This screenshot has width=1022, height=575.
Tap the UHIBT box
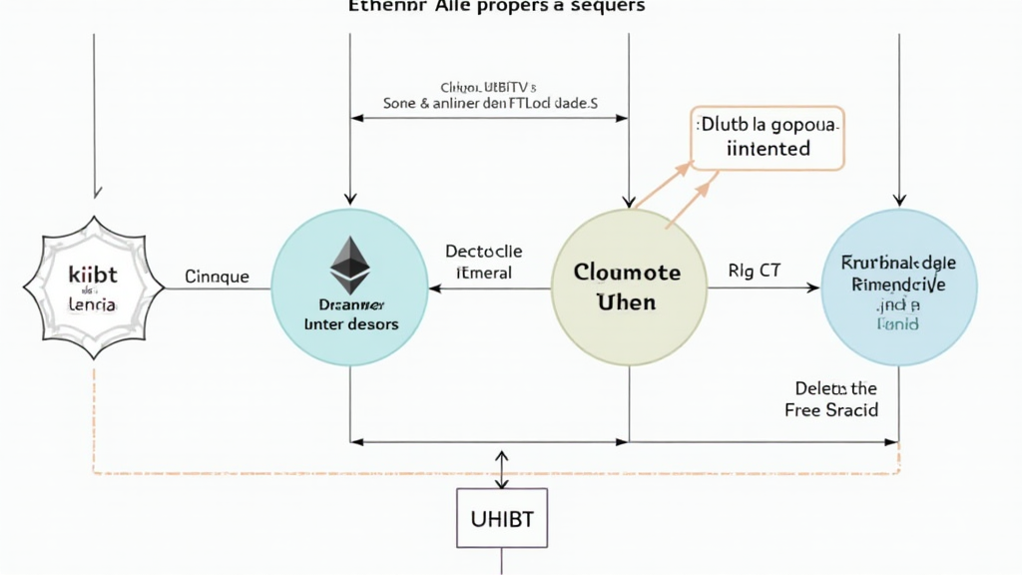501,518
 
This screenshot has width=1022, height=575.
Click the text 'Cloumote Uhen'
627,286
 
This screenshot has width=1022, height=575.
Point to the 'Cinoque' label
218,278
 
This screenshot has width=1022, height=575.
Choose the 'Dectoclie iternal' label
484,263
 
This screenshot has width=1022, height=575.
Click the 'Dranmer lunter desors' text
350,315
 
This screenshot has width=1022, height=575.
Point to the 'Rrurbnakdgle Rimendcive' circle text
899,274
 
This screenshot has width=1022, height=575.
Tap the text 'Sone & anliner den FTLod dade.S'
490,103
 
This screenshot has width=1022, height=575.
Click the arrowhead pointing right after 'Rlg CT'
812,288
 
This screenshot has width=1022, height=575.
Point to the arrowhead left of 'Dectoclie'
433,288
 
